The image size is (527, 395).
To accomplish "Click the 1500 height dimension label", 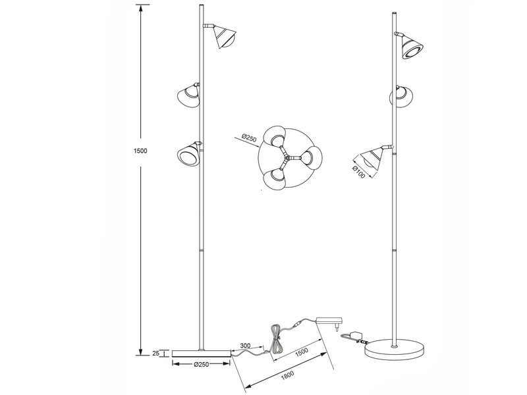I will point(139,151).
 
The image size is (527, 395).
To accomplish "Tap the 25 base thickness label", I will point(156,354).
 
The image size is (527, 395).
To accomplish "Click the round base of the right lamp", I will point(396,352).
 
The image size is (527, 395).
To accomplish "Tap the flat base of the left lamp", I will point(201,354).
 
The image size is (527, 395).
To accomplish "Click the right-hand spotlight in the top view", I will point(310,157).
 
